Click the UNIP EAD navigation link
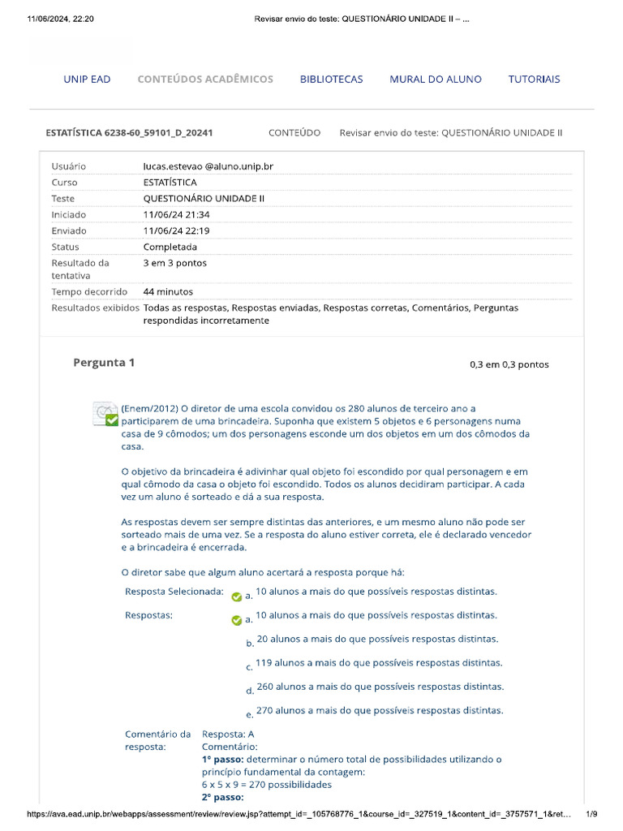[x=87, y=80]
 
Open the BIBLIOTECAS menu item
[x=331, y=80]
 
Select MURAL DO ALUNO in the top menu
[x=435, y=80]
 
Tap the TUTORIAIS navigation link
[x=534, y=80]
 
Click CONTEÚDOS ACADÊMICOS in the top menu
[x=205, y=80]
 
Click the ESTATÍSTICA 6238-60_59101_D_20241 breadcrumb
[x=130, y=132]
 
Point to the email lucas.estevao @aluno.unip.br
[x=208, y=166]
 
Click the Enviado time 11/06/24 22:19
[x=176, y=230]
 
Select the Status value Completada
[x=170, y=247]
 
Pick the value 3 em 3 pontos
[x=174, y=263]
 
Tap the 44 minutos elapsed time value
[x=168, y=291]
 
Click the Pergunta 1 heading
[x=104, y=363]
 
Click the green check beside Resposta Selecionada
[x=236, y=596]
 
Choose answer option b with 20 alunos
[x=376, y=639]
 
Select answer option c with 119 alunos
[x=378, y=663]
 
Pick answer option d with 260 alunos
[x=380, y=687]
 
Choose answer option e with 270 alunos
[x=379, y=710]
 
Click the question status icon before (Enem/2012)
[x=105, y=414]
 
